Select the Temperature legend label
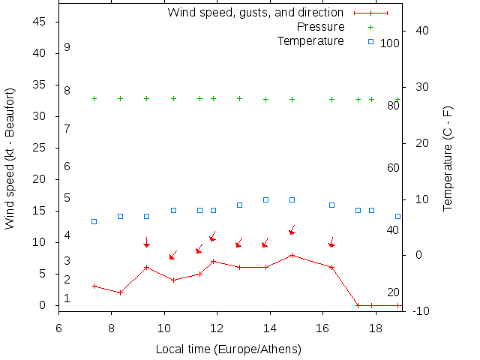(x=310, y=40)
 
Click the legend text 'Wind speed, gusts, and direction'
(x=255, y=13)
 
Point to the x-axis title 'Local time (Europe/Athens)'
(x=228, y=349)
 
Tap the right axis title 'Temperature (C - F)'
(x=448, y=157)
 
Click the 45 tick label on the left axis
(x=40, y=22)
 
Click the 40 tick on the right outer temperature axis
(x=421, y=31)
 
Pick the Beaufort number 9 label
(x=67, y=47)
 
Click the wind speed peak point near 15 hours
(x=292, y=255)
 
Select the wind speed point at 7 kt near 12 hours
(x=213, y=261)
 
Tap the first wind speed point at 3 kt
(x=94, y=286)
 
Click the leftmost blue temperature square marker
(x=94, y=221)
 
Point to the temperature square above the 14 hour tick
(x=265, y=199)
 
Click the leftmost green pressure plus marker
(x=94, y=98)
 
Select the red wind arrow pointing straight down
(x=146, y=242)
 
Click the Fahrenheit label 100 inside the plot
(x=390, y=43)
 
